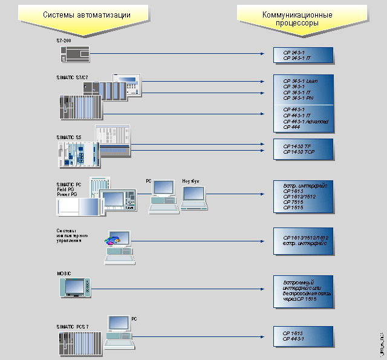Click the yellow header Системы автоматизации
86,14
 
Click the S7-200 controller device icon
74,54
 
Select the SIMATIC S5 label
68,137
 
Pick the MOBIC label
64,273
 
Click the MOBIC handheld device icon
74,287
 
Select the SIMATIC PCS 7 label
73,327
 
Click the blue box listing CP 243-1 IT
303,56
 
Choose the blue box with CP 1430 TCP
303,149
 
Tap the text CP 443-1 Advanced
306,122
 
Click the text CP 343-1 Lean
301,80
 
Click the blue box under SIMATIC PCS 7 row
303,336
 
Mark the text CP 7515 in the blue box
293,202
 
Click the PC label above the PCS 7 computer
134,318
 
